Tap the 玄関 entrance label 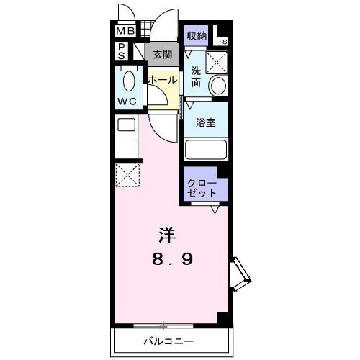point(163,53)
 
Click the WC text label point(127,101)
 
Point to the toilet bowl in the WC point(130,81)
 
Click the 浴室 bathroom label point(206,122)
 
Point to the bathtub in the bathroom point(206,149)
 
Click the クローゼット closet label point(202,186)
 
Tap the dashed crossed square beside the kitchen point(127,175)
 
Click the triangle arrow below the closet point(215,210)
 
